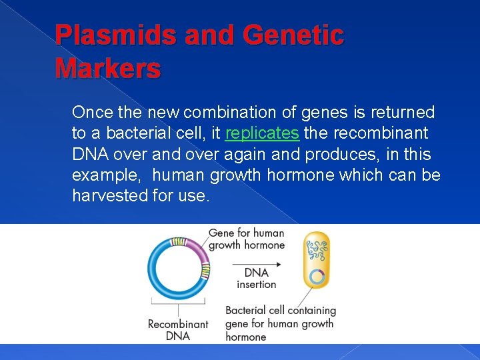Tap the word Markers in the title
coord(108,68)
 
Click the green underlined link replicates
coord(262,133)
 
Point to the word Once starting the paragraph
coord(92,112)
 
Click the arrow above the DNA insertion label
coord(257,264)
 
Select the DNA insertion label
coord(257,278)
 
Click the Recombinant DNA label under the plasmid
coord(178,329)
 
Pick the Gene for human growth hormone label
coord(247,239)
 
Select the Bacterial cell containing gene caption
coord(280,323)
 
